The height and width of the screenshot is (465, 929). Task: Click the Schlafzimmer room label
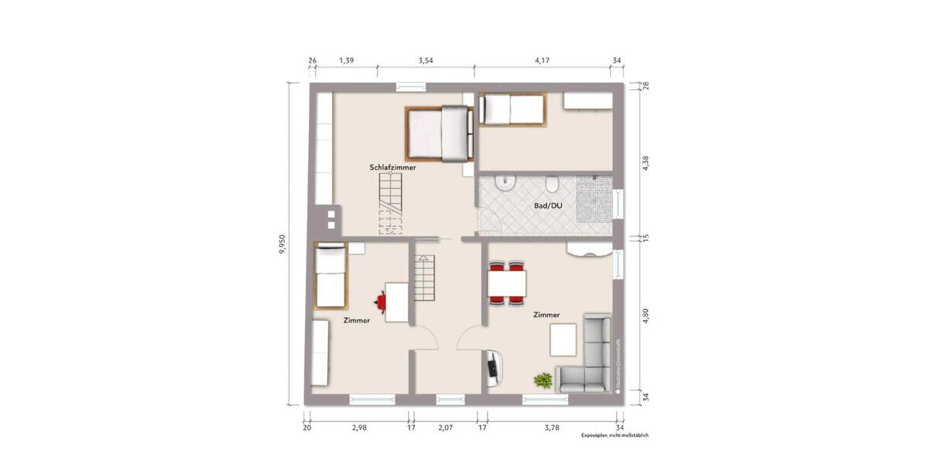(393, 167)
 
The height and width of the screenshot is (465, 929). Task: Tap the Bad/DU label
(547, 206)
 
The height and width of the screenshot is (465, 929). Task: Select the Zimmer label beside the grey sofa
(547, 315)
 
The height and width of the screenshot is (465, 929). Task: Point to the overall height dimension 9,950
(283, 244)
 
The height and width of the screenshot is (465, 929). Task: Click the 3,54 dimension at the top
(426, 60)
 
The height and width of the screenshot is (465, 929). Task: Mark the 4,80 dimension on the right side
(645, 315)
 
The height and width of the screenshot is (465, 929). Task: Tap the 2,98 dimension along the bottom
(358, 427)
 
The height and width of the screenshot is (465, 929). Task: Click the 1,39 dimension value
(347, 60)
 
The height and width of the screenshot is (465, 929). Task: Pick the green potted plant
(543, 380)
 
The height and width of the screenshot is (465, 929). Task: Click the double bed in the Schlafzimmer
(437, 133)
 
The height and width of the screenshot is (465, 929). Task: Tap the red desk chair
(382, 299)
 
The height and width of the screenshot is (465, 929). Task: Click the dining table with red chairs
(507, 283)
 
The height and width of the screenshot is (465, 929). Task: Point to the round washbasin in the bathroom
(504, 184)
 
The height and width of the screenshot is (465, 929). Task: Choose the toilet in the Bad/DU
(552, 184)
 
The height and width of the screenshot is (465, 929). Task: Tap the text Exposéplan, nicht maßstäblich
(615, 436)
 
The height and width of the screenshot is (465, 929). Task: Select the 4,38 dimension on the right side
(645, 164)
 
